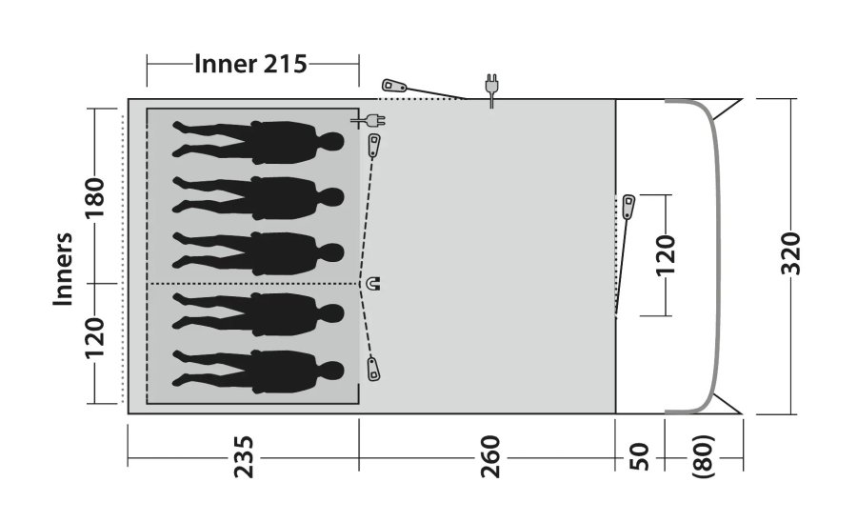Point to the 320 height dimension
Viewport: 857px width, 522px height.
click(790, 252)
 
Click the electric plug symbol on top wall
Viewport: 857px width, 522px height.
click(491, 88)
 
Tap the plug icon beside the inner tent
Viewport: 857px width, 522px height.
click(370, 120)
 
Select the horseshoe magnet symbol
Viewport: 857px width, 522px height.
click(373, 283)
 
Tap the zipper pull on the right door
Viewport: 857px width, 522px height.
click(629, 207)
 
